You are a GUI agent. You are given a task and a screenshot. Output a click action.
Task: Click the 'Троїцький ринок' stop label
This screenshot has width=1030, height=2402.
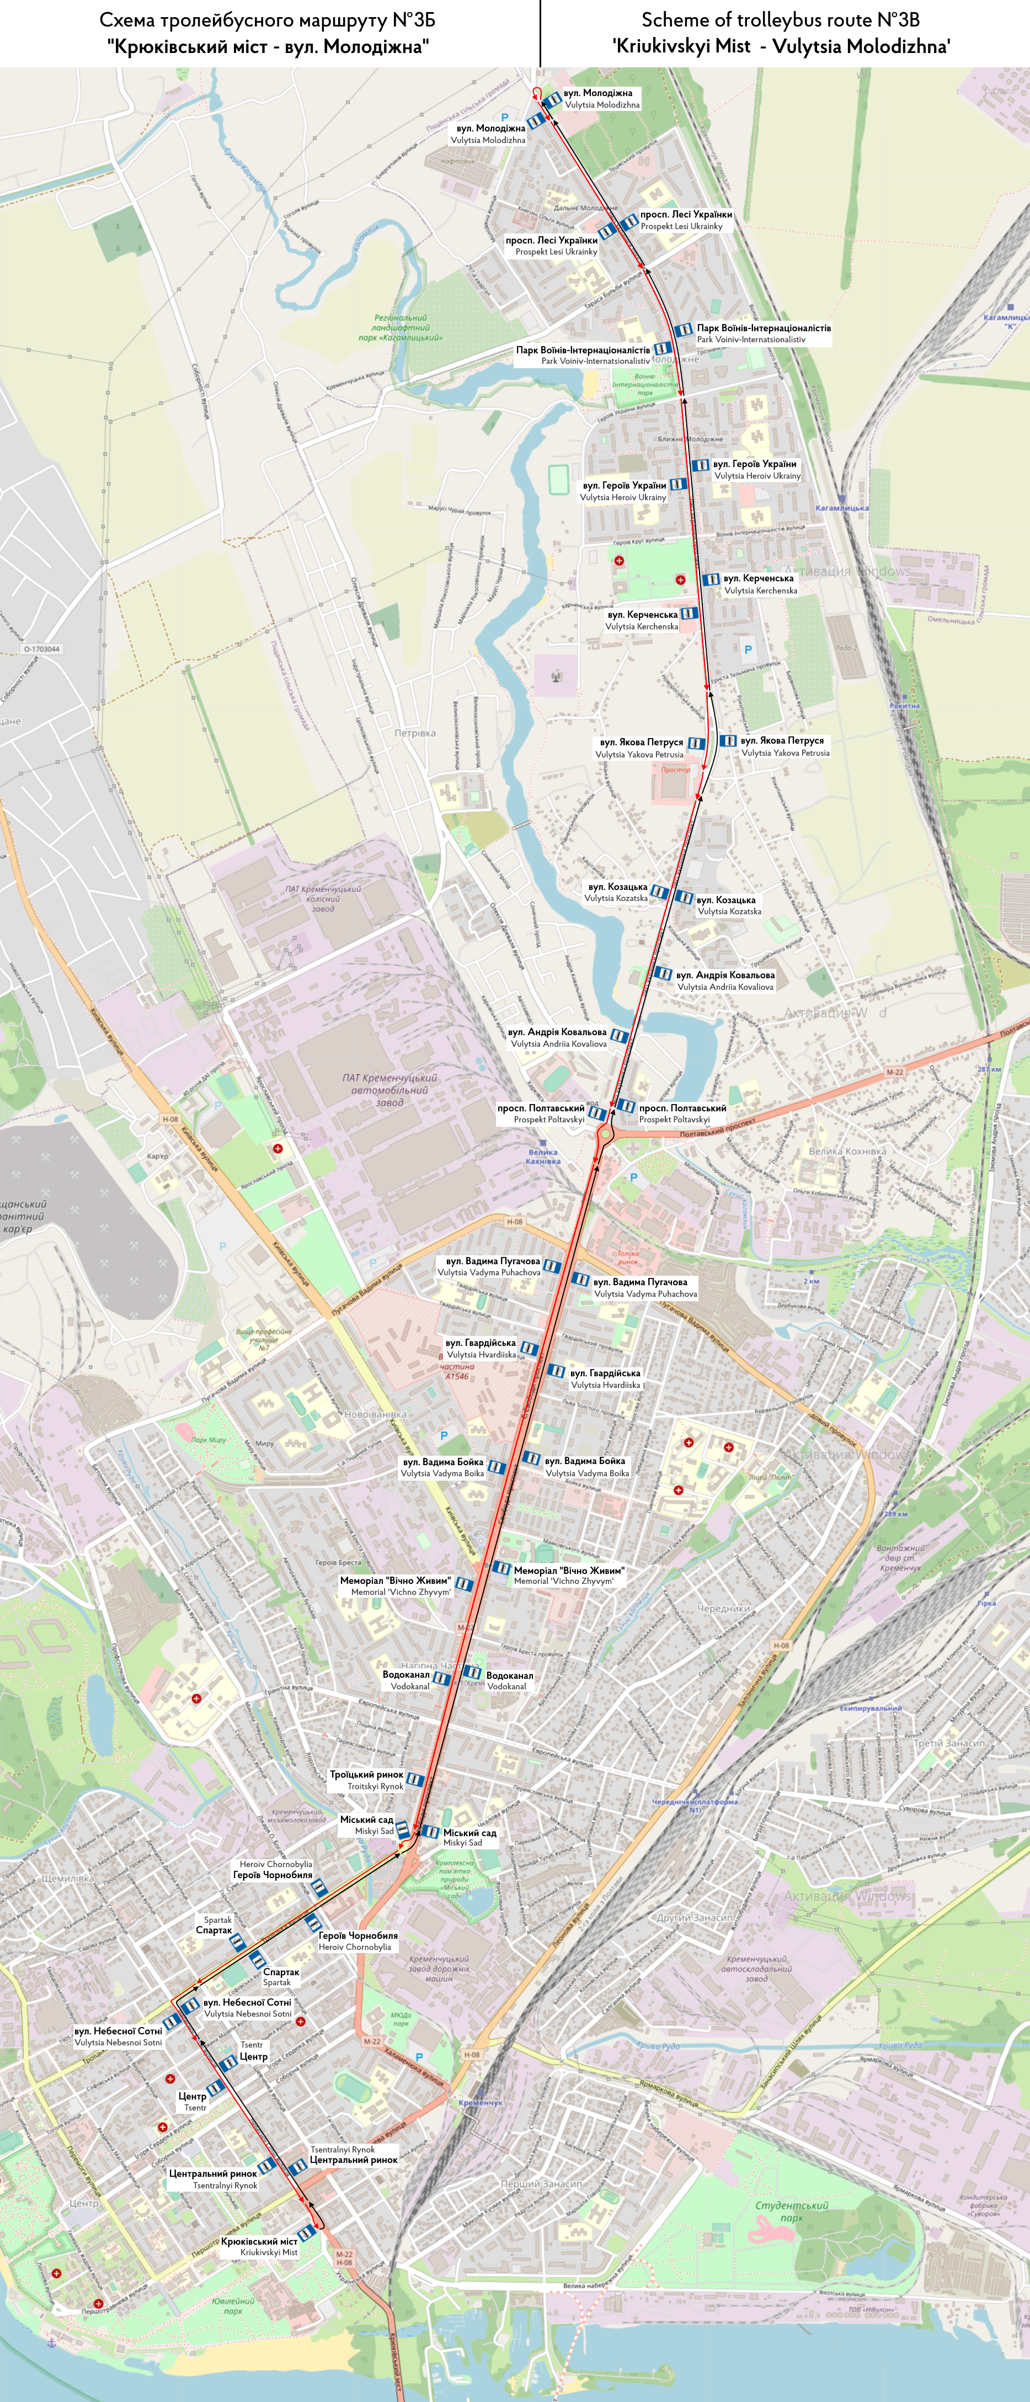tap(366, 1774)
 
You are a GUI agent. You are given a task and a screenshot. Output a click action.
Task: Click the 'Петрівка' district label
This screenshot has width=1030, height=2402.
tap(415, 733)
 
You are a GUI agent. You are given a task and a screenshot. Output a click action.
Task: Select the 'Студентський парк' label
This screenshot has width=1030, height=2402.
tap(791, 2211)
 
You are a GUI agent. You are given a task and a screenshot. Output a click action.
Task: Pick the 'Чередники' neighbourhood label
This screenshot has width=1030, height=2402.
tap(723, 1609)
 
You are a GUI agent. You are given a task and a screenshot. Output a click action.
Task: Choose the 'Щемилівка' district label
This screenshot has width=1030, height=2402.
tap(67, 1878)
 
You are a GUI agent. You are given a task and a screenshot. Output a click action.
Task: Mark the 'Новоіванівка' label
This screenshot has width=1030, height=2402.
tap(376, 1414)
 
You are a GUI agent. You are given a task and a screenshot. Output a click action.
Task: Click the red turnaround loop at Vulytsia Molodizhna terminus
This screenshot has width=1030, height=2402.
tap(537, 92)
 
